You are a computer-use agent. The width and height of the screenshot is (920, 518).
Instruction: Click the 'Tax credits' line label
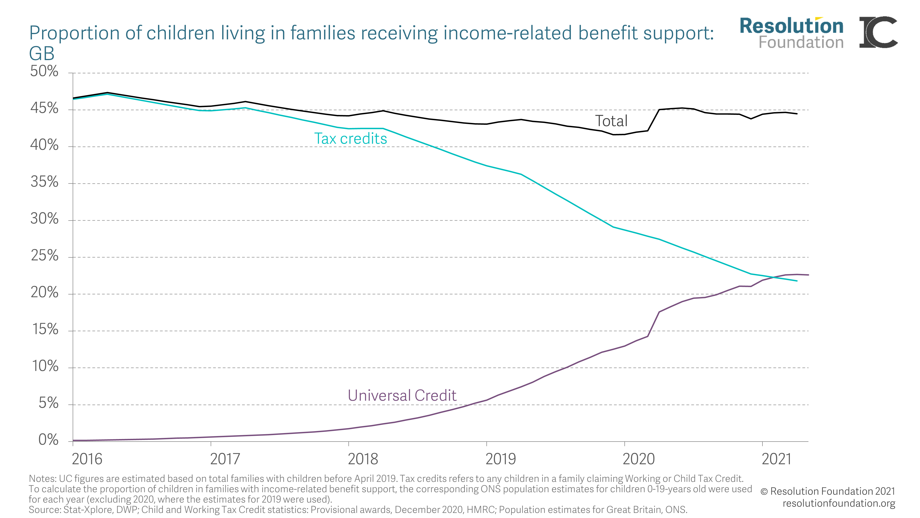350,139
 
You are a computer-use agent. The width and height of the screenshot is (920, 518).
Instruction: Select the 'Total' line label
611,121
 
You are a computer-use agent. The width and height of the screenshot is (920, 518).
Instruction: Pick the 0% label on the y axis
48,440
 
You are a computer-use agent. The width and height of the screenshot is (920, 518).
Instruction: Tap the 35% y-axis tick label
44,182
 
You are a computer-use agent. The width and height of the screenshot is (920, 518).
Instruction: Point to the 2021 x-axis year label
776,459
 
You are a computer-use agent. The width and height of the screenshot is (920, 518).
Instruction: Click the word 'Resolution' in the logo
791,26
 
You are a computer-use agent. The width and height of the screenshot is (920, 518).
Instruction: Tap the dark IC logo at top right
878,32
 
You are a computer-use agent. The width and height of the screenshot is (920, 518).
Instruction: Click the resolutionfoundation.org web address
839,503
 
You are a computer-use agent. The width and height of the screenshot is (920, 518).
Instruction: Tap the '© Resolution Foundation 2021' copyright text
828,491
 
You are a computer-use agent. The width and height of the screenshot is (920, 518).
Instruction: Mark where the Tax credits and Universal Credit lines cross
773,277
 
